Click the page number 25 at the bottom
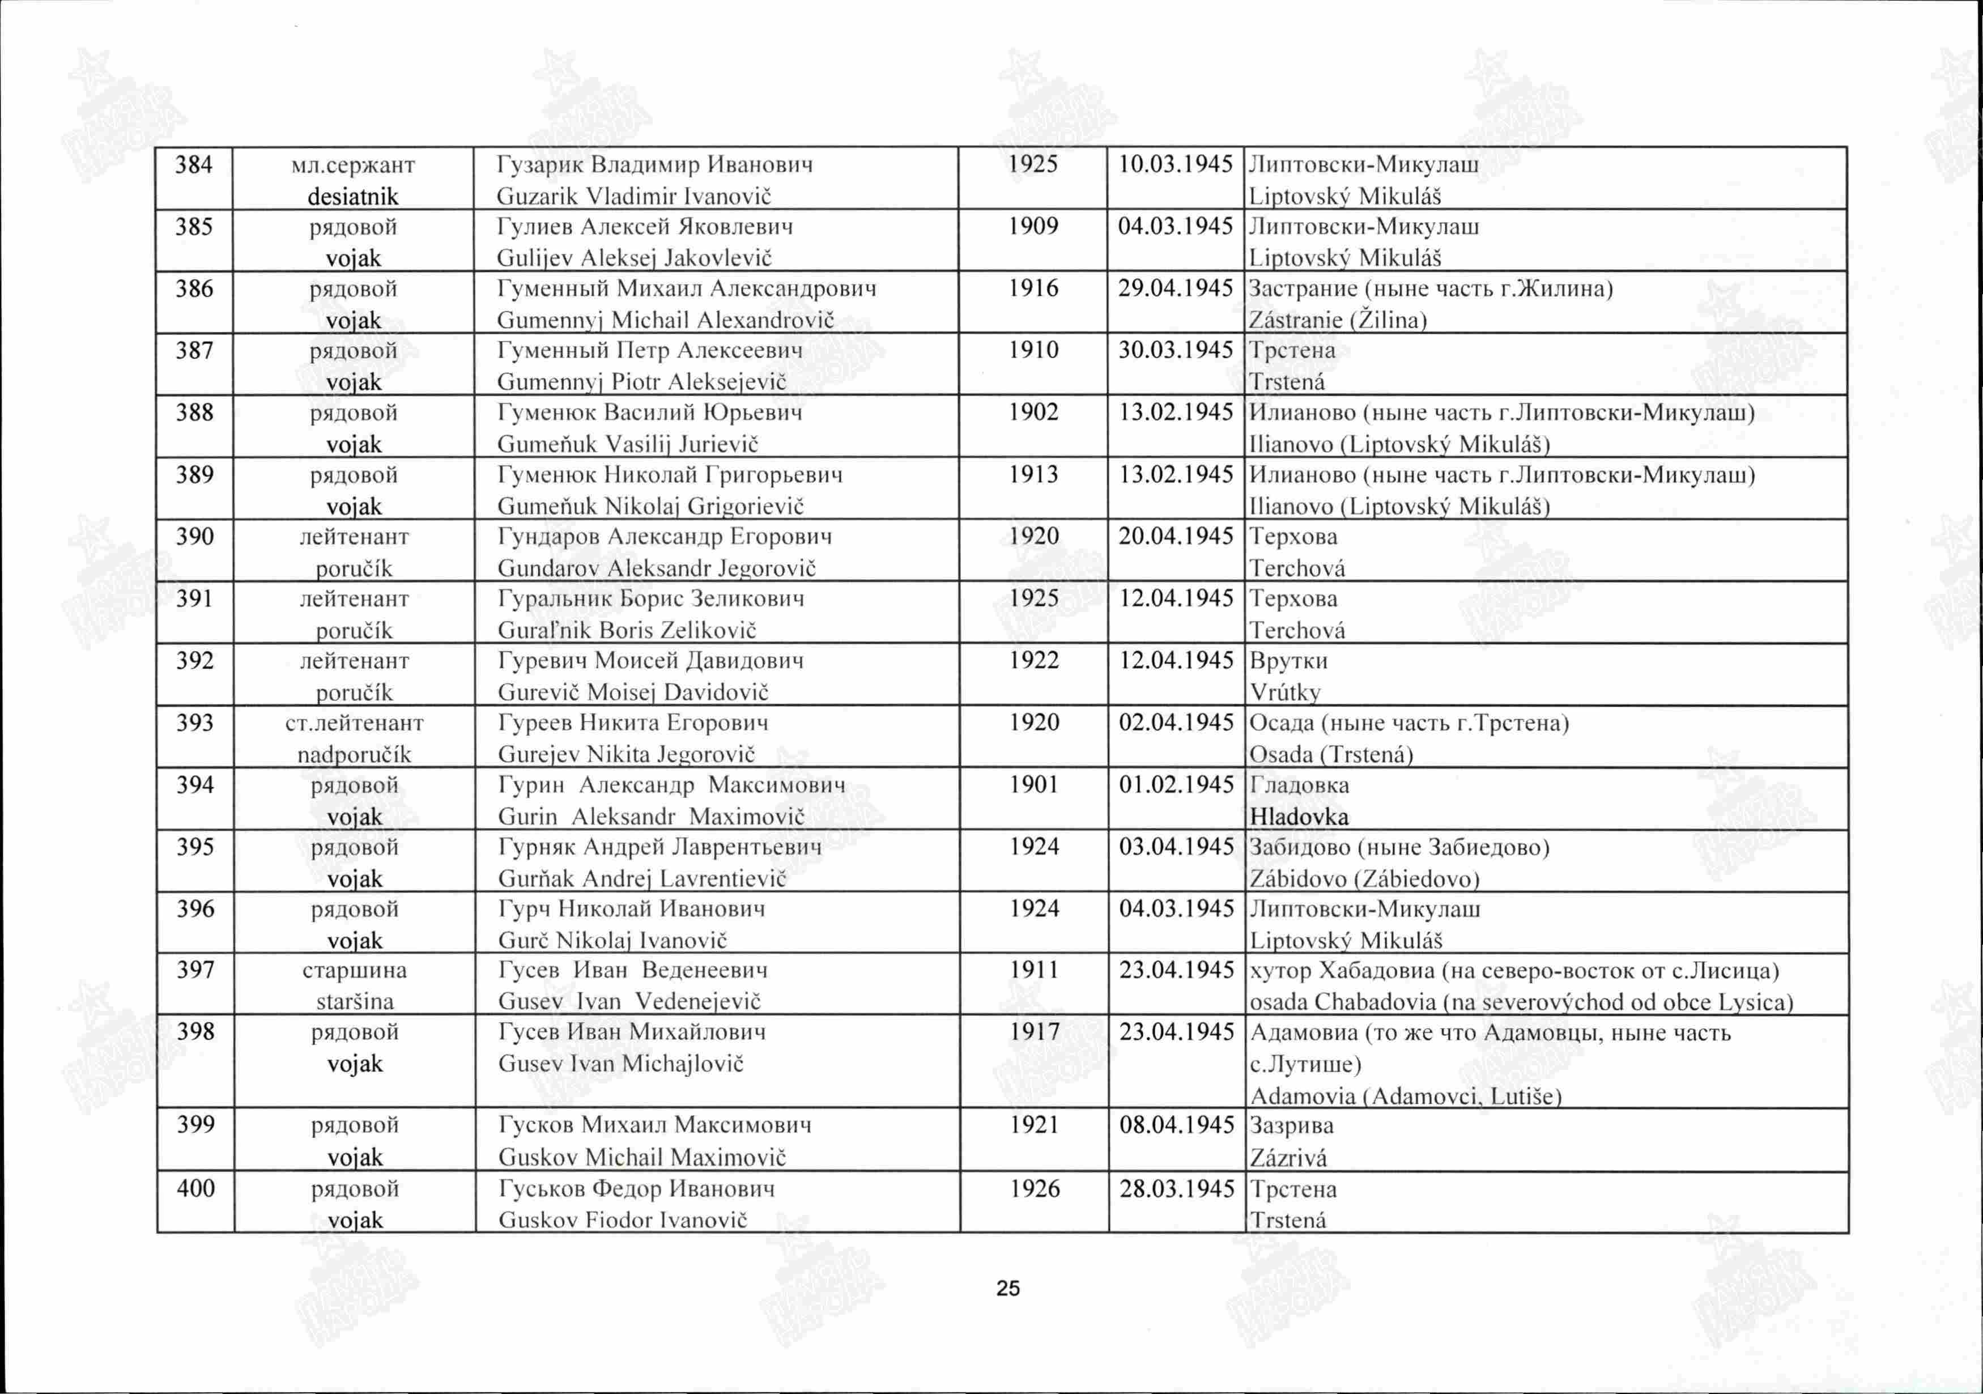pos(1008,1289)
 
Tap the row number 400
pos(195,1188)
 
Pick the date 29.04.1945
pos(1176,288)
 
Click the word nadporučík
pos(354,755)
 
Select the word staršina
pos(355,1002)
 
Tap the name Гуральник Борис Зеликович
pos(651,598)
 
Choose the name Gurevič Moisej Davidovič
pos(633,692)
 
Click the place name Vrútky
pos(1285,692)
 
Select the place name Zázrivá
pos(1288,1157)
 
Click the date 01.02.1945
pos(1176,785)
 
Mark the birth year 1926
pos(1035,1188)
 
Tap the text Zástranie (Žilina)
pos(1338,320)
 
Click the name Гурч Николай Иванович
pos(631,908)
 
